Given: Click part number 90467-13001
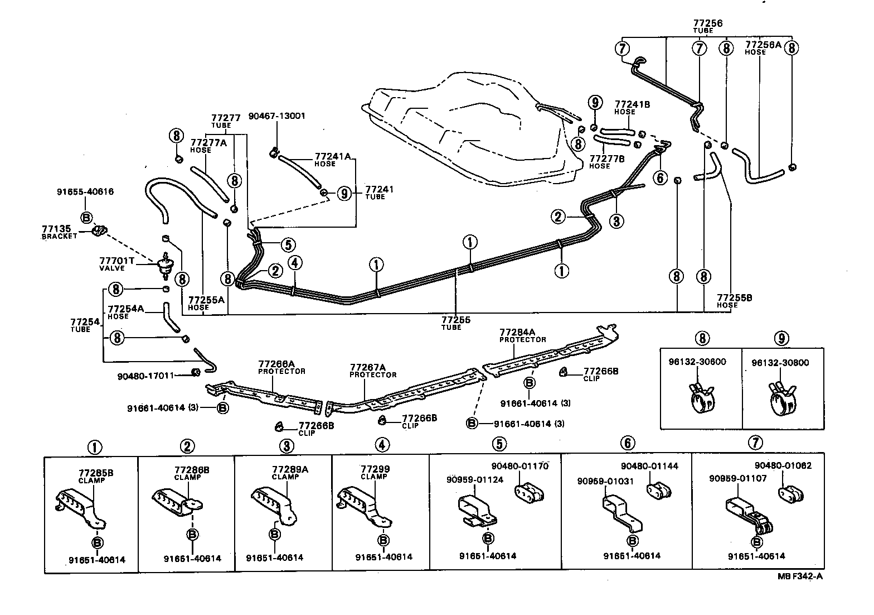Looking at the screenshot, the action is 276,116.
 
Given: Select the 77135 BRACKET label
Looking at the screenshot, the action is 59,232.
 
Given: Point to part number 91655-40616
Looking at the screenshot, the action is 85,191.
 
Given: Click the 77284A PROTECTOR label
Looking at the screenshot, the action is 522,335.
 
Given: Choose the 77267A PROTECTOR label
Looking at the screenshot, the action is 372,371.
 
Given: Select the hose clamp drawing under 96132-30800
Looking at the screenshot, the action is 782,400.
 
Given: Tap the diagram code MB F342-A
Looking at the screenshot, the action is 800,576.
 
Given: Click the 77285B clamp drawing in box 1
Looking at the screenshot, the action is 80,508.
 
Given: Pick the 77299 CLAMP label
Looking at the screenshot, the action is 375,472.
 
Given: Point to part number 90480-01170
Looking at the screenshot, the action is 519,466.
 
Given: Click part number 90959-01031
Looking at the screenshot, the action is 605,482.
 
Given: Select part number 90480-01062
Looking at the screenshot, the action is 783,465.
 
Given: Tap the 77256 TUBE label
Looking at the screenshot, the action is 707,27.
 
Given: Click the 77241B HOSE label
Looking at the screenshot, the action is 632,108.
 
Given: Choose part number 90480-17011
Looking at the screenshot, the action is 145,376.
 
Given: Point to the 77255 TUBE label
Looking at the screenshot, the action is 456,323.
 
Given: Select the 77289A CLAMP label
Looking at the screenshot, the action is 290,472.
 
